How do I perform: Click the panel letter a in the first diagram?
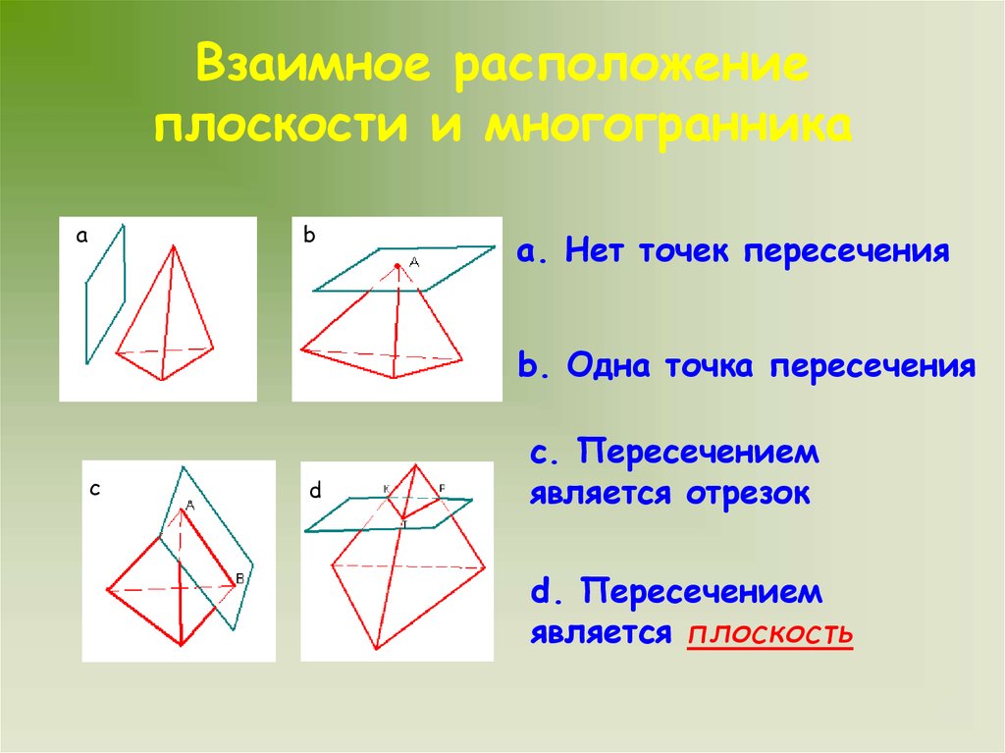(x=82, y=237)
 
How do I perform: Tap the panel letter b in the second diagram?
(x=309, y=236)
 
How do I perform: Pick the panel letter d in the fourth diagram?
(x=315, y=491)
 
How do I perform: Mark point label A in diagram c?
(x=189, y=506)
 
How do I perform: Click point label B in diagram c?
(x=238, y=578)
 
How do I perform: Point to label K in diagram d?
(x=386, y=488)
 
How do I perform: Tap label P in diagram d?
(x=442, y=488)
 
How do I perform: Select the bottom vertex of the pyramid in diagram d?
(x=376, y=649)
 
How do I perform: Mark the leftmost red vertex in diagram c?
(x=107, y=589)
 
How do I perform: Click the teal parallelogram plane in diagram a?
(x=105, y=295)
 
